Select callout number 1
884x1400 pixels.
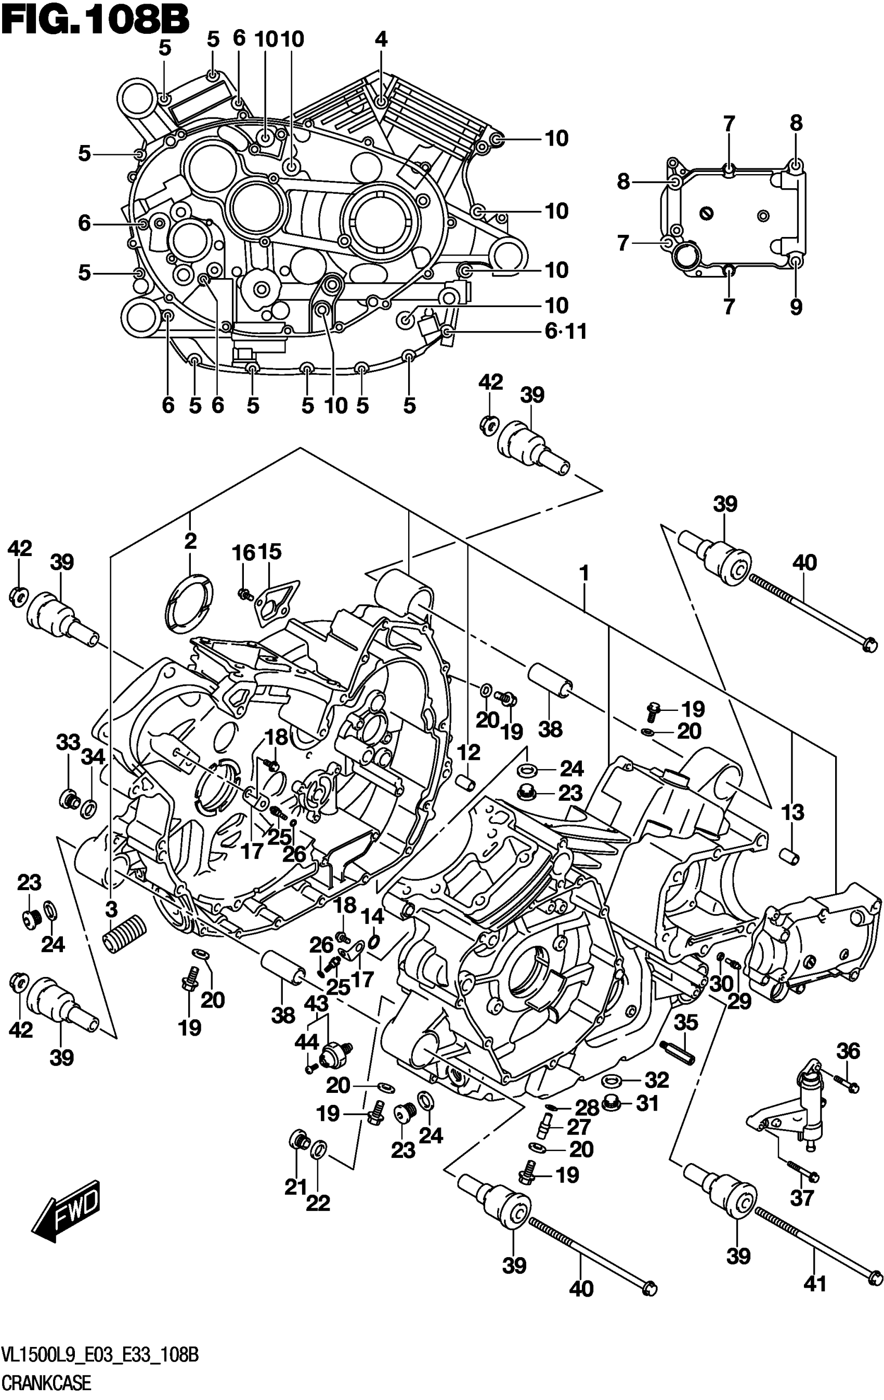(583, 574)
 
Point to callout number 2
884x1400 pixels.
(190, 541)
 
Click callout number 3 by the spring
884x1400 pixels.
(111, 909)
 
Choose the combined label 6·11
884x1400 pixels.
(565, 332)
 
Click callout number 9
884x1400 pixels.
(796, 307)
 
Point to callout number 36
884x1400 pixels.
(848, 1051)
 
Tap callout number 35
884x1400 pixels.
(685, 1023)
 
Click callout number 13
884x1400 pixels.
(792, 812)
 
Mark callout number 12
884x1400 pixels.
(469, 752)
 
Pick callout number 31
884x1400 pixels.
(647, 1103)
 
